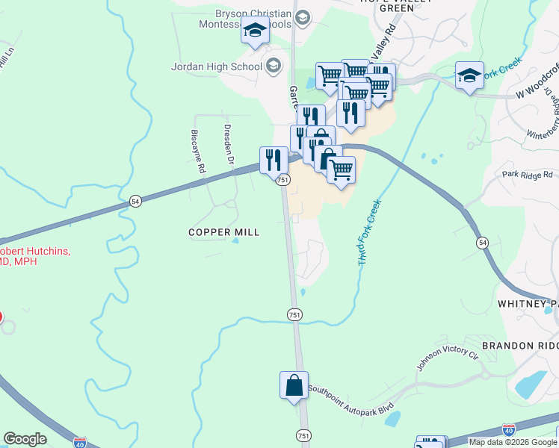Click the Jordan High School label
(217, 66)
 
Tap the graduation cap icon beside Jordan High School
(273, 66)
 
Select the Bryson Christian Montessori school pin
(255, 31)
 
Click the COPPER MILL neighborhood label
(224, 232)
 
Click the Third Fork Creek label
(370, 233)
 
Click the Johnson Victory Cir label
(446, 359)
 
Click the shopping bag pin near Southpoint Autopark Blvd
(294, 385)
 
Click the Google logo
(25, 439)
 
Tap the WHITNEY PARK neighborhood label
(528, 305)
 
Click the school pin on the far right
(469, 76)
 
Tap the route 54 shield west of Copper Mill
(135, 201)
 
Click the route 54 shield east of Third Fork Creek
(483, 243)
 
